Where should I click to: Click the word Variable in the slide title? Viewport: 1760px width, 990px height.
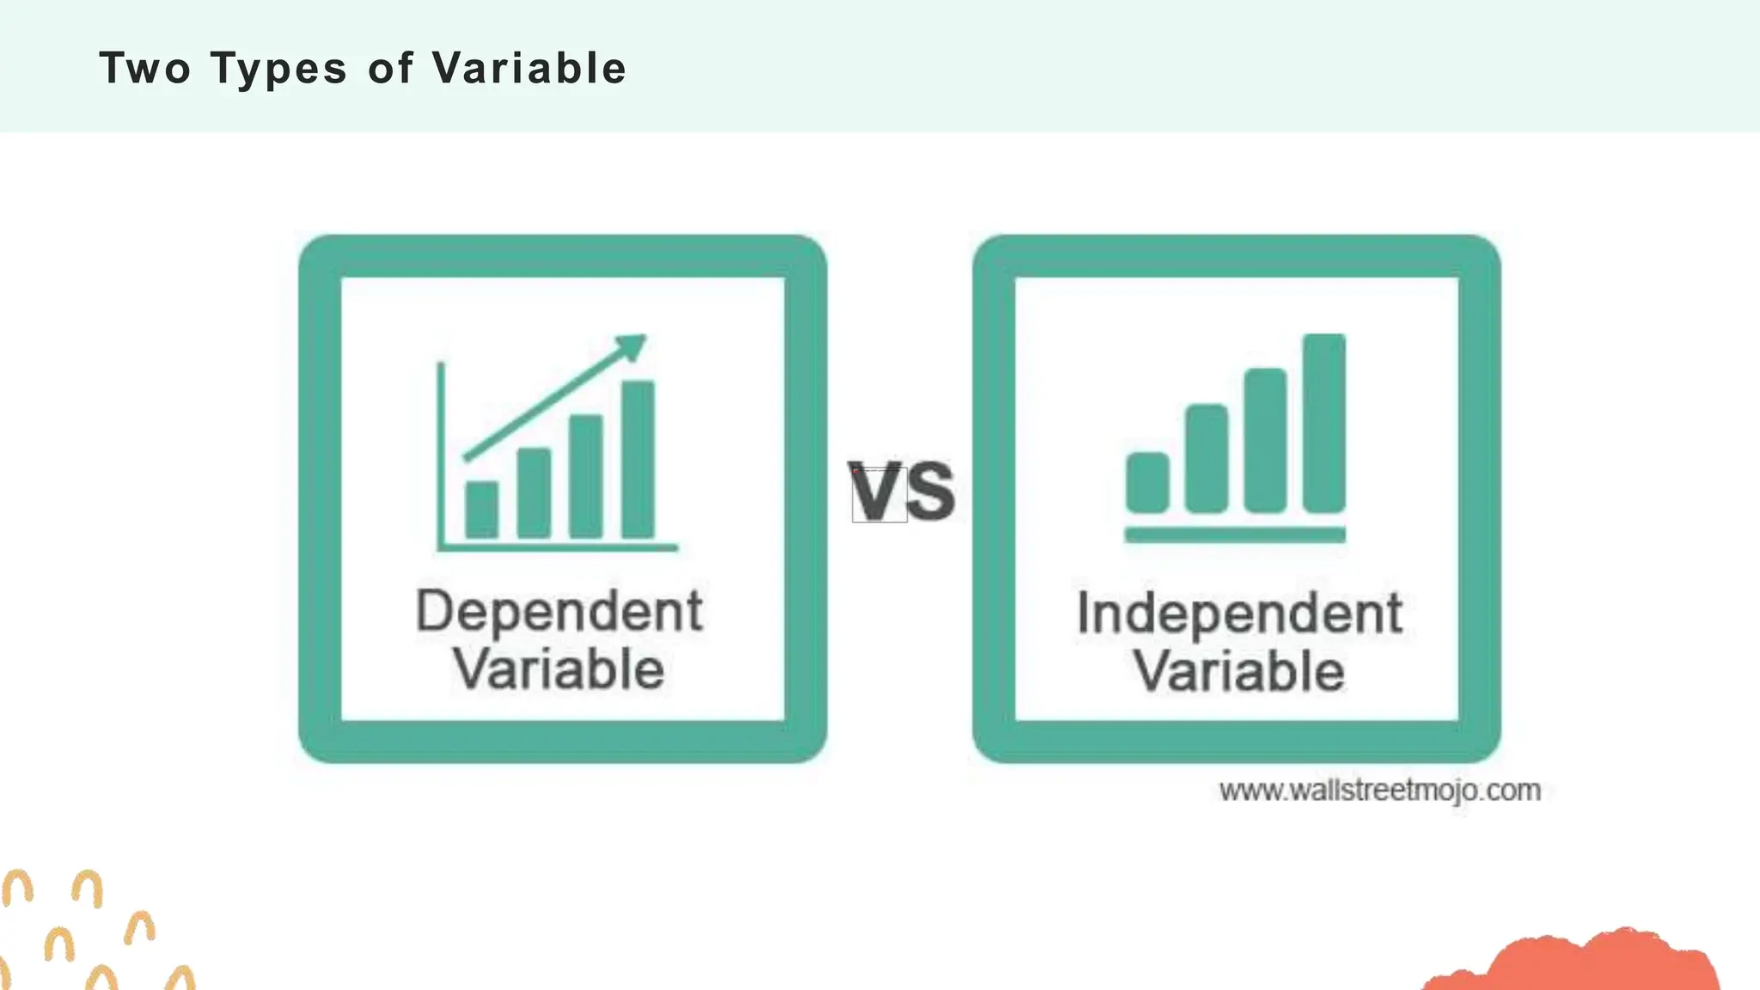(x=529, y=68)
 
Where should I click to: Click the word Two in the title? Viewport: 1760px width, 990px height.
(x=144, y=68)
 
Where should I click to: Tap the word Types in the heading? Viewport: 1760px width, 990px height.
(x=278, y=69)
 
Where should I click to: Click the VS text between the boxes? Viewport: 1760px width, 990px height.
(x=901, y=492)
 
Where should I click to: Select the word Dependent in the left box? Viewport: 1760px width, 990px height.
(x=559, y=613)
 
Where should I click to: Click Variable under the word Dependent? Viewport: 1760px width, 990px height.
(x=559, y=669)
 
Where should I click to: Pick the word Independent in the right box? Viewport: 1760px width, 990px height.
(x=1239, y=614)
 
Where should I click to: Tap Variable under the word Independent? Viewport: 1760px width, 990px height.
(x=1238, y=671)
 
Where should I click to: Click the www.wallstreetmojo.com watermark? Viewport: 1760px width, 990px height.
(x=1379, y=790)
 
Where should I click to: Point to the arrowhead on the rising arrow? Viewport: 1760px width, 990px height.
(x=632, y=346)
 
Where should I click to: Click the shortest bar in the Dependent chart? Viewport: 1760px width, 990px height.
(x=481, y=510)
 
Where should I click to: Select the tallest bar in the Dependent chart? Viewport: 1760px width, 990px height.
(x=638, y=459)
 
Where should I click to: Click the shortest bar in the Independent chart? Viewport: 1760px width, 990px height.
(x=1147, y=482)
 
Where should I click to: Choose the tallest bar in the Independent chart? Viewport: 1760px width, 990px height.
(x=1323, y=423)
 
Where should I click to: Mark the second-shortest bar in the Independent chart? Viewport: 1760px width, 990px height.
(x=1206, y=458)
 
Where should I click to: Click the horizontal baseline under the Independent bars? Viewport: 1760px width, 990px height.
(x=1235, y=535)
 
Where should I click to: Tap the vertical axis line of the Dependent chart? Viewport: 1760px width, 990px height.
(x=441, y=455)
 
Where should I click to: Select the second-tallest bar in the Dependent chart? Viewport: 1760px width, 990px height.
(x=585, y=476)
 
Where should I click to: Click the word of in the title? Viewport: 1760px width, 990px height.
(x=390, y=68)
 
